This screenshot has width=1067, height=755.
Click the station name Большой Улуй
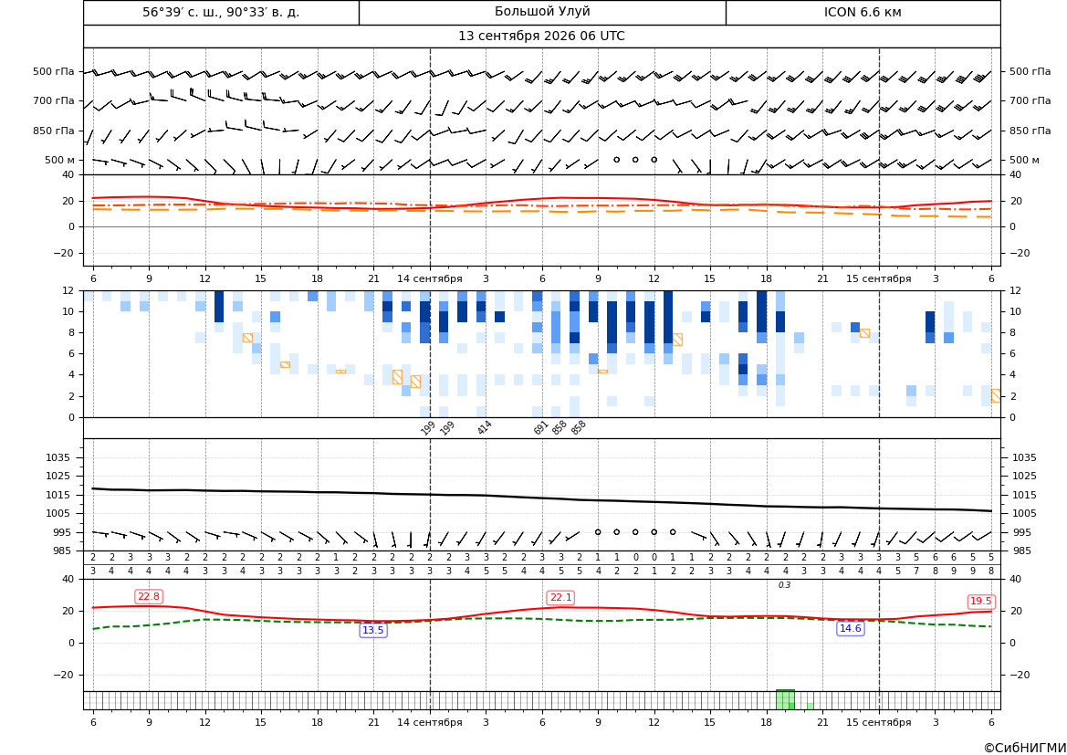pos(542,12)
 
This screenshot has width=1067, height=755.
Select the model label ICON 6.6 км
pos(863,12)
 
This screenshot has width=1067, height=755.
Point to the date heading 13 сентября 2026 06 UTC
pos(541,37)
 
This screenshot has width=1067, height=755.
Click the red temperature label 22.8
pos(149,596)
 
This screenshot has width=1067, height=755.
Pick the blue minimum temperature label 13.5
pos(373,630)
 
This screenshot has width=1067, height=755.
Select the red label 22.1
pos(560,597)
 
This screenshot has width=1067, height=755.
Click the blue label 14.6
pos(851,628)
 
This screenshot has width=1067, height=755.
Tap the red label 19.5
pos(980,601)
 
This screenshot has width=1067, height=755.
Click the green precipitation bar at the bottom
pos(785,700)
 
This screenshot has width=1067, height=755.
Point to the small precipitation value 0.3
pos(785,585)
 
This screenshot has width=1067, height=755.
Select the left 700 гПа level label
pos(54,100)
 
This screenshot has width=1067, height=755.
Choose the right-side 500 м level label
pos(1024,160)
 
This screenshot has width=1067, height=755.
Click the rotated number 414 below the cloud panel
pos(484,427)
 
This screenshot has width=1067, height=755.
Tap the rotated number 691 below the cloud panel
pos(540,427)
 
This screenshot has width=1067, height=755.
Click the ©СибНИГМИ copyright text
pos(1025,748)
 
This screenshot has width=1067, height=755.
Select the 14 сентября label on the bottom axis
pos(429,722)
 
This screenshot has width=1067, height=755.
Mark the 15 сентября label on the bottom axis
pos(878,722)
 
